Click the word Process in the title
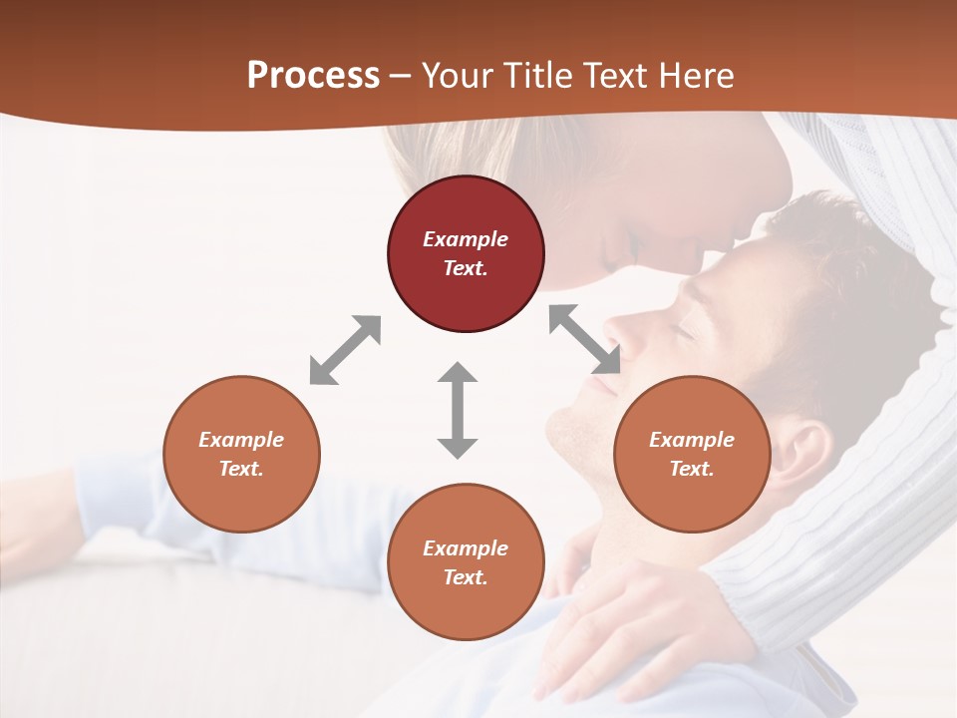313,76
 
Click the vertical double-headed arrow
458,410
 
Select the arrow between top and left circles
345,350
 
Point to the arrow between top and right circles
585,340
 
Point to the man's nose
623,329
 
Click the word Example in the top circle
466,239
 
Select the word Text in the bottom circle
464,578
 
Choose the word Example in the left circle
241,440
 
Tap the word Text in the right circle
690,469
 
